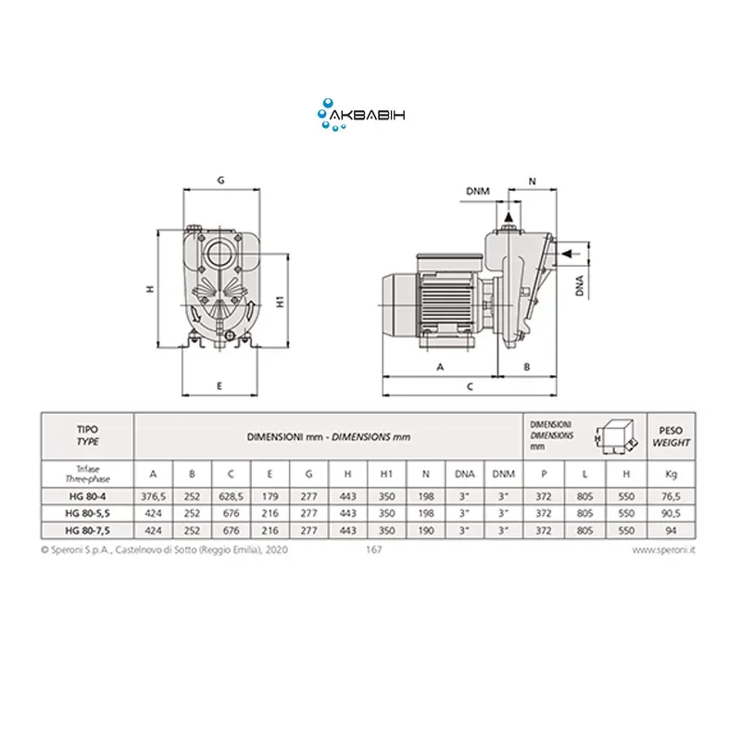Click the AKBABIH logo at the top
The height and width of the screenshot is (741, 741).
(361, 115)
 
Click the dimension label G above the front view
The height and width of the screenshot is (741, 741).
(220, 180)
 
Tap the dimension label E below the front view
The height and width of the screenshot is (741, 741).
(220, 386)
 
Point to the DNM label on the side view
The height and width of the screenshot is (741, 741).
(478, 191)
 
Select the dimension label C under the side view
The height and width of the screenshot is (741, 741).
(470, 386)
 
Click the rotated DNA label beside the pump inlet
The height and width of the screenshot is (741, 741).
(580, 285)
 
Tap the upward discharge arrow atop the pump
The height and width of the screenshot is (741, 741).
(509, 217)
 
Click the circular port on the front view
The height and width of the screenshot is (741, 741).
(220, 254)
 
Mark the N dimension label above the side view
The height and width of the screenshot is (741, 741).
(532, 181)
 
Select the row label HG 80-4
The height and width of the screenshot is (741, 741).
(87, 496)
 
